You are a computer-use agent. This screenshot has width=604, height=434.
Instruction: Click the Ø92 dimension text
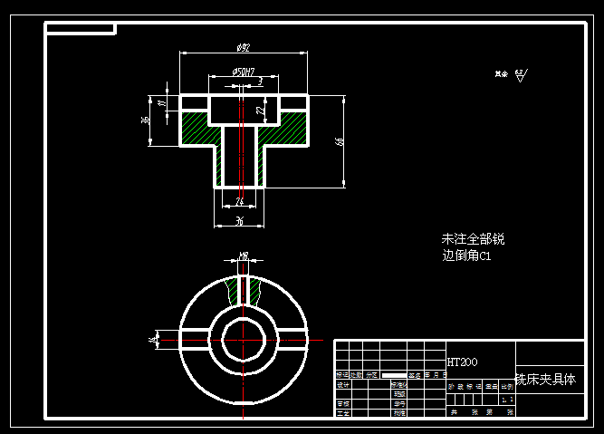pyautogui.click(x=243, y=48)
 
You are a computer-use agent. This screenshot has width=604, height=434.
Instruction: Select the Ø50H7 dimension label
pyautogui.click(x=243, y=71)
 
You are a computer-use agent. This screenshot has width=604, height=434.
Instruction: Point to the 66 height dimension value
pyautogui.click(x=339, y=140)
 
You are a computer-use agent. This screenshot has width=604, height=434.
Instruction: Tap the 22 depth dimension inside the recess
pyautogui.click(x=259, y=110)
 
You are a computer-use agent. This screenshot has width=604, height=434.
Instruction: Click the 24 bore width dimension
pyautogui.click(x=239, y=201)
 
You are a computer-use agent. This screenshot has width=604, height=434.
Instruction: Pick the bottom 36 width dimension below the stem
pyautogui.click(x=239, y=220)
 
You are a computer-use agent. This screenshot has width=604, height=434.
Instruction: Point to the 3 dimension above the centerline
pyautogui.click(x=260, y=82)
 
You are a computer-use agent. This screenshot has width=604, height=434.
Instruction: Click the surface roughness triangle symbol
pyautogui.click(x=520, y=76)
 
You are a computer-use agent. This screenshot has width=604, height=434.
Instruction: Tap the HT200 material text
pyautogui.click(x=462, y=362)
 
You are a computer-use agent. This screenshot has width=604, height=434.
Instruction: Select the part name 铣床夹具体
pyautogui.click(x=545, y=379)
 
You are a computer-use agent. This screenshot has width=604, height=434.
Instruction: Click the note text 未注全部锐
pyautogui.click(x=473, y=239)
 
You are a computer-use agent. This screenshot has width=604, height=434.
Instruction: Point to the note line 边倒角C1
pyautogui.click(x=466, y=256)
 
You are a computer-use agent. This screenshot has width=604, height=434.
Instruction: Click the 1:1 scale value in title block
pyautogui.click(x=507, y=398)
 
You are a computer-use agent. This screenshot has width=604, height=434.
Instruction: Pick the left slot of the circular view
pyautogui.click(x=195, y=338)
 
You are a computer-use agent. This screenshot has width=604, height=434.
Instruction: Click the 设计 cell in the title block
pyautogui.click(x=343, y=385)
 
